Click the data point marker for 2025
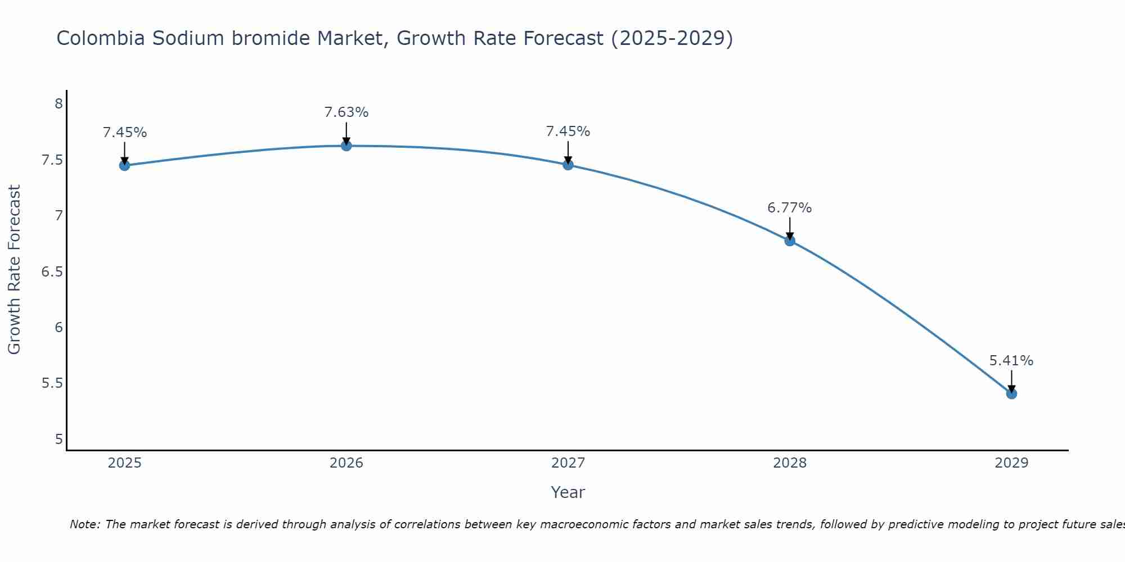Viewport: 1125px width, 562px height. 124,165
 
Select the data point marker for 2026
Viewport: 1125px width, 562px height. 346,146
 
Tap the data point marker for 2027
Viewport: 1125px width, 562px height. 568,165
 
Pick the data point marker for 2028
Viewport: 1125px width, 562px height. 790,241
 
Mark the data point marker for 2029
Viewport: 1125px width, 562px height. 1011,394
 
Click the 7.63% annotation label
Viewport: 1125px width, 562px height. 346,112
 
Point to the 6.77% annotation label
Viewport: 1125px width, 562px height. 790,208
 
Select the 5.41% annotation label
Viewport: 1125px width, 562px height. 1011,361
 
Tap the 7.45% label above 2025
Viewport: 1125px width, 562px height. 125,133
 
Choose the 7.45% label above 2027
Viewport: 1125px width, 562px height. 568,132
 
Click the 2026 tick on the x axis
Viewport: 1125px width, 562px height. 346,463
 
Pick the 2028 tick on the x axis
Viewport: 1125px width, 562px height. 790,463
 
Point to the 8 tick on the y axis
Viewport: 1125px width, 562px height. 58,104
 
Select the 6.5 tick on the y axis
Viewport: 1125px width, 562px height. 52,272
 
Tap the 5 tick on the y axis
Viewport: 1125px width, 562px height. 58,439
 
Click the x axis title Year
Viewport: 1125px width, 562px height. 568,492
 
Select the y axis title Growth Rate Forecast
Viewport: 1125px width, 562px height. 14,270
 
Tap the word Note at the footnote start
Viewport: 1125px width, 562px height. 84,524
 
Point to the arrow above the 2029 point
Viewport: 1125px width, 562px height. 1011,381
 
